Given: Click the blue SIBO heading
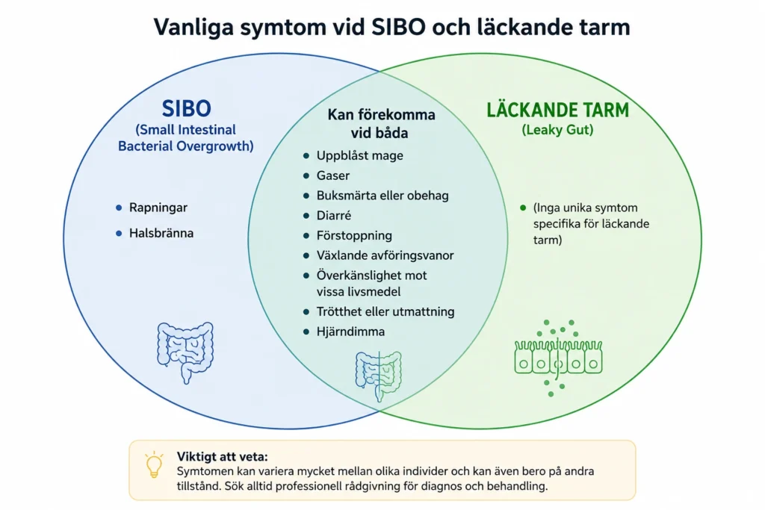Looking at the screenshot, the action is [x=186, y=108].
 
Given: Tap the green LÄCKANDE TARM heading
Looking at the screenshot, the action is [x=557, y=110].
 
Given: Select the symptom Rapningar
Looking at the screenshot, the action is [x=158, y=208].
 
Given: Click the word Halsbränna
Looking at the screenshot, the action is [x=161, y=233].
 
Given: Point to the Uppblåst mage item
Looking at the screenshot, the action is [x=359, y=155].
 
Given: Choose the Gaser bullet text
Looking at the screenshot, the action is [x=332, y=175].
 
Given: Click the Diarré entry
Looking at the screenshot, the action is [x=334, y=216].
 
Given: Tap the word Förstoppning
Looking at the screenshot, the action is [x=354, y=235].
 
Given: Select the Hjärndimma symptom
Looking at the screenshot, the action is [x=350, y=332].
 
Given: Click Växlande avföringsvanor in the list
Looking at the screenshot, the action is [x=385, y=255].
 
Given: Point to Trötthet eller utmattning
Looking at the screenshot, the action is [x=385, y=311].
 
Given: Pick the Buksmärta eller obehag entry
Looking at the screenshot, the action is [x=382, y=196].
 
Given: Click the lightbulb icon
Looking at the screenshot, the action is [x=154, y=464].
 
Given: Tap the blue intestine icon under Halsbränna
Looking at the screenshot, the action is [x=185, y=352].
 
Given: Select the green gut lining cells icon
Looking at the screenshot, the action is [x=558, y=358].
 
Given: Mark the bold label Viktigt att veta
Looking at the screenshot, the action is [x=222, y=457].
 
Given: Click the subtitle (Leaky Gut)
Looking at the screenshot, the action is [x=557, y=130].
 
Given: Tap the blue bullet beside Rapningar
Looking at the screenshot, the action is [x=119, y=208].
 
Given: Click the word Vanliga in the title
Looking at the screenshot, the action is [x=193, y=27].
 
